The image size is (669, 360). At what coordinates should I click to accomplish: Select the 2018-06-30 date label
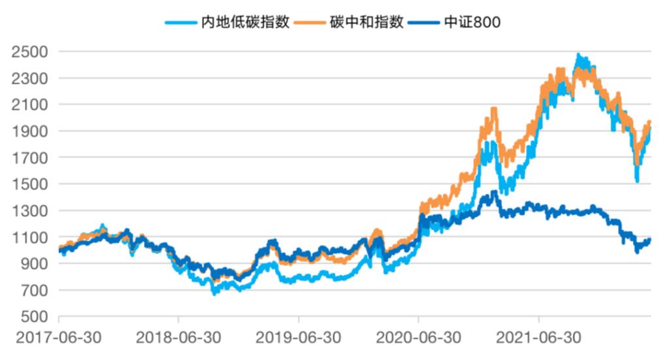tap(178, 340)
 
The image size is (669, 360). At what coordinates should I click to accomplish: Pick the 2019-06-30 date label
tap(299, 340)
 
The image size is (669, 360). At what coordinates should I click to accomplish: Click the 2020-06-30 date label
tap(419, 340)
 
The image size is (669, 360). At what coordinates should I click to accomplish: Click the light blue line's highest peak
tap(578, 56)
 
